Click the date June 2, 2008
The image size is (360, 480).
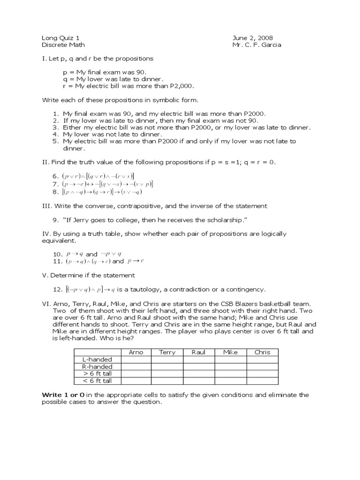253,37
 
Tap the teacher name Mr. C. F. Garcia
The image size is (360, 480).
256,45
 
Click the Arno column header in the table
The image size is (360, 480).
135,352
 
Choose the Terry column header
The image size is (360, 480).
167,352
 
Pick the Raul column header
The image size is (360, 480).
199,352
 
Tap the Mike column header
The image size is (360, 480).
231,352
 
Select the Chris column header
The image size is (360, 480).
262,352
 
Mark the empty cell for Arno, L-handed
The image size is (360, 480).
135,360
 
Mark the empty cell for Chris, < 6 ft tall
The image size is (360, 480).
262,381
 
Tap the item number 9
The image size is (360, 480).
55,219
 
